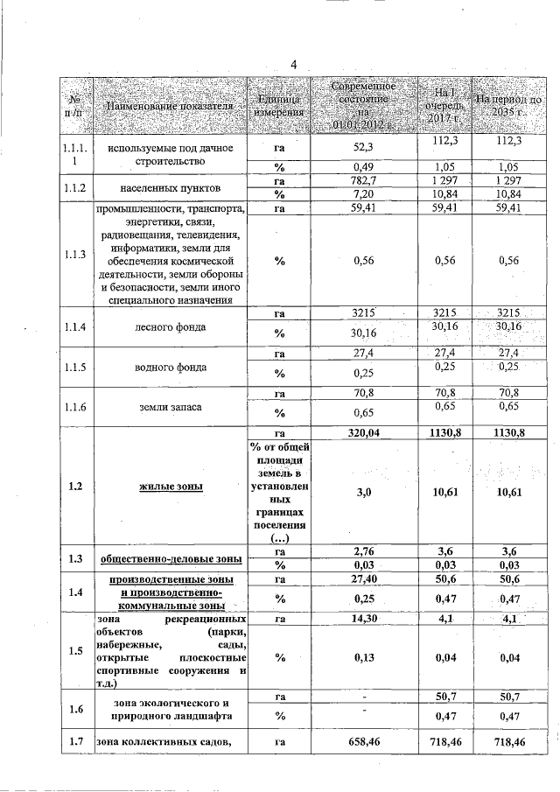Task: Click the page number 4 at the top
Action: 294,65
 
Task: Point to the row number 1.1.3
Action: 74,255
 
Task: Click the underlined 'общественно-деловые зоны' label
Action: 171,558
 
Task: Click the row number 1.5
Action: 74,651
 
